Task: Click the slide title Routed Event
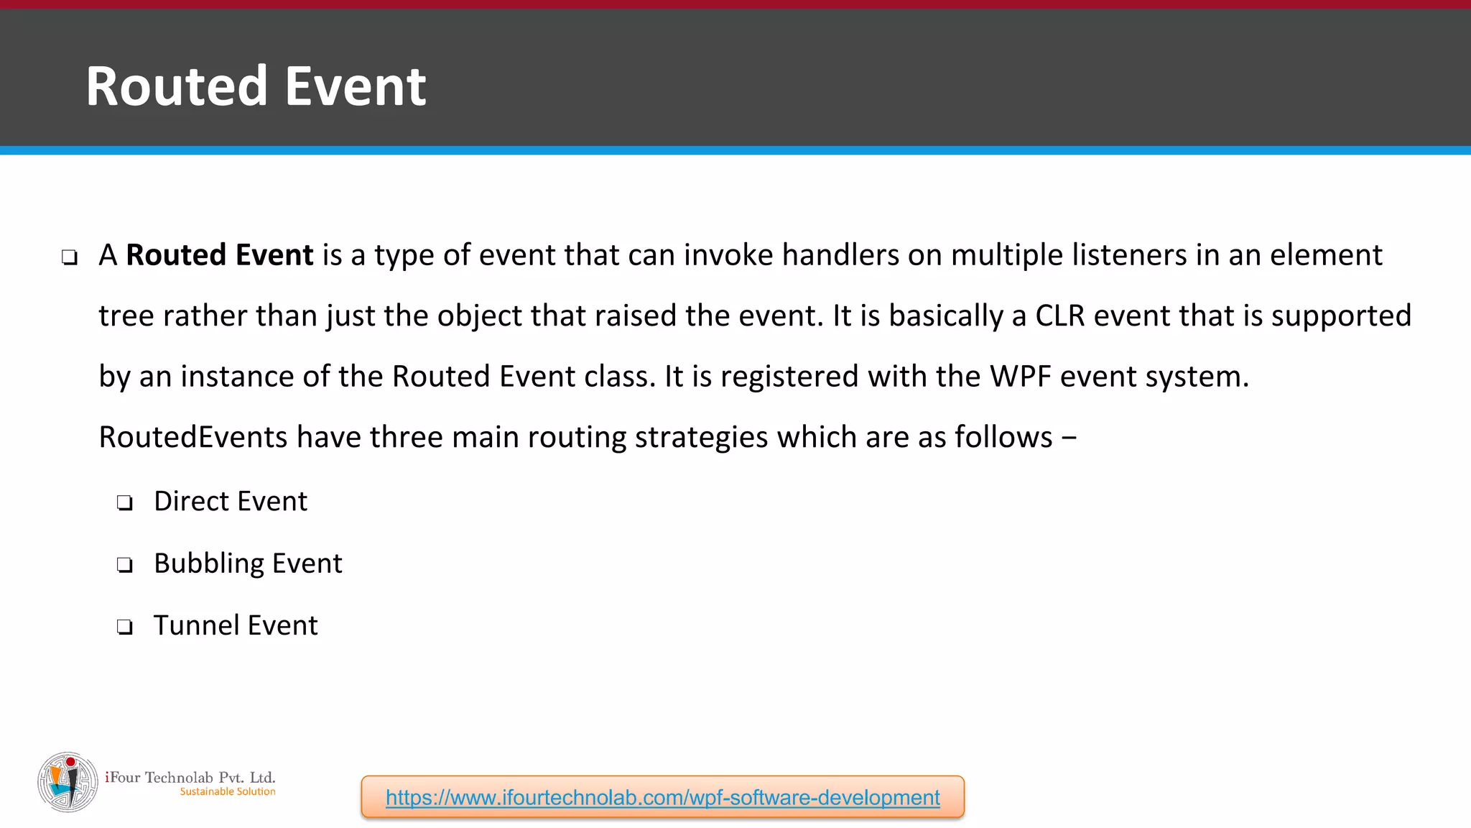coord(256,86)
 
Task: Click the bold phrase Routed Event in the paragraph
coord(220,255)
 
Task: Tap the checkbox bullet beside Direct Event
coord(125,503)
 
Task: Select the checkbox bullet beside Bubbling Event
coord(125,566)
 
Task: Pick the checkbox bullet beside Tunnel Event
coord(125,627)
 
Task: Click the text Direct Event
coord(231,502)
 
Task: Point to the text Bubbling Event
coord(248,563)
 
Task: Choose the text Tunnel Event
coord(236,625)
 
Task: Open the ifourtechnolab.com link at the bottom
coord(662,797)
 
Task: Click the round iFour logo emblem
coord(68,782)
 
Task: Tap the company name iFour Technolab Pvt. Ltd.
coord(190,777)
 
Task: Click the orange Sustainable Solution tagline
coord(228,791)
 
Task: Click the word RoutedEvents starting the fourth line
coord(192,437)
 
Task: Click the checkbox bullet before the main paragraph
coord(70,257)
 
